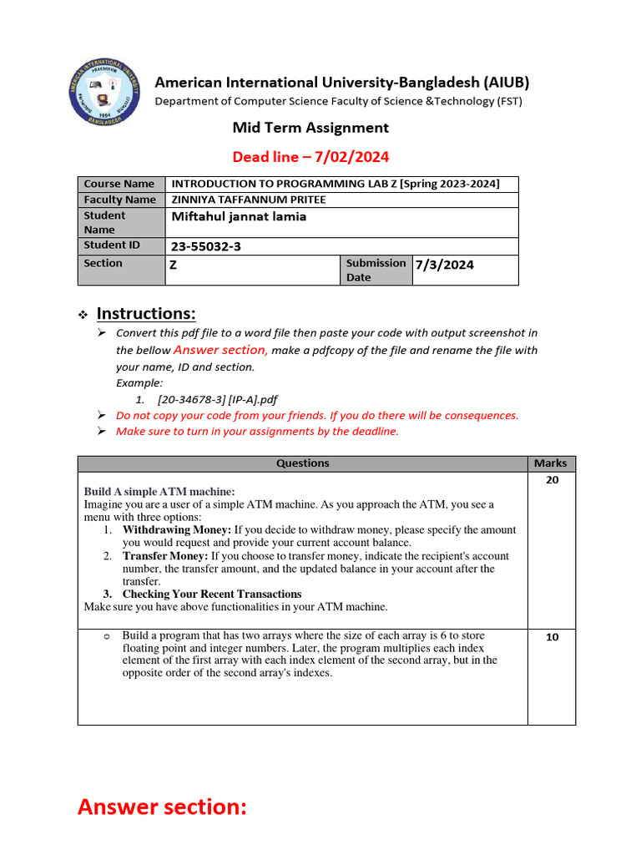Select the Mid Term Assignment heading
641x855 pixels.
(310, 128)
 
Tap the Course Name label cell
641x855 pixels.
(119, 184)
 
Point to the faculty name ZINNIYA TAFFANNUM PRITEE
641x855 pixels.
(249, 200)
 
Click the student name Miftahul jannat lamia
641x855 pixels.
(239, 216)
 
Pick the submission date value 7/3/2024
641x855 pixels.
(445, 265)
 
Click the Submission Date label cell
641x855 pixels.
(376, 270)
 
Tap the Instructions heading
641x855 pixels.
(146, 314)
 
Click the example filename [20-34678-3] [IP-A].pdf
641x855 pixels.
(218, 399)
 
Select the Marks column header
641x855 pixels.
(550, 463)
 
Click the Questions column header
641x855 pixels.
(302, 463)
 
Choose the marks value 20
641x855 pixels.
(552, 480)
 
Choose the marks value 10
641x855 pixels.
(552, 637)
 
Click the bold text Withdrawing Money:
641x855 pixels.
(177, 529)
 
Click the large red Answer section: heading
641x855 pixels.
(162, 807)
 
